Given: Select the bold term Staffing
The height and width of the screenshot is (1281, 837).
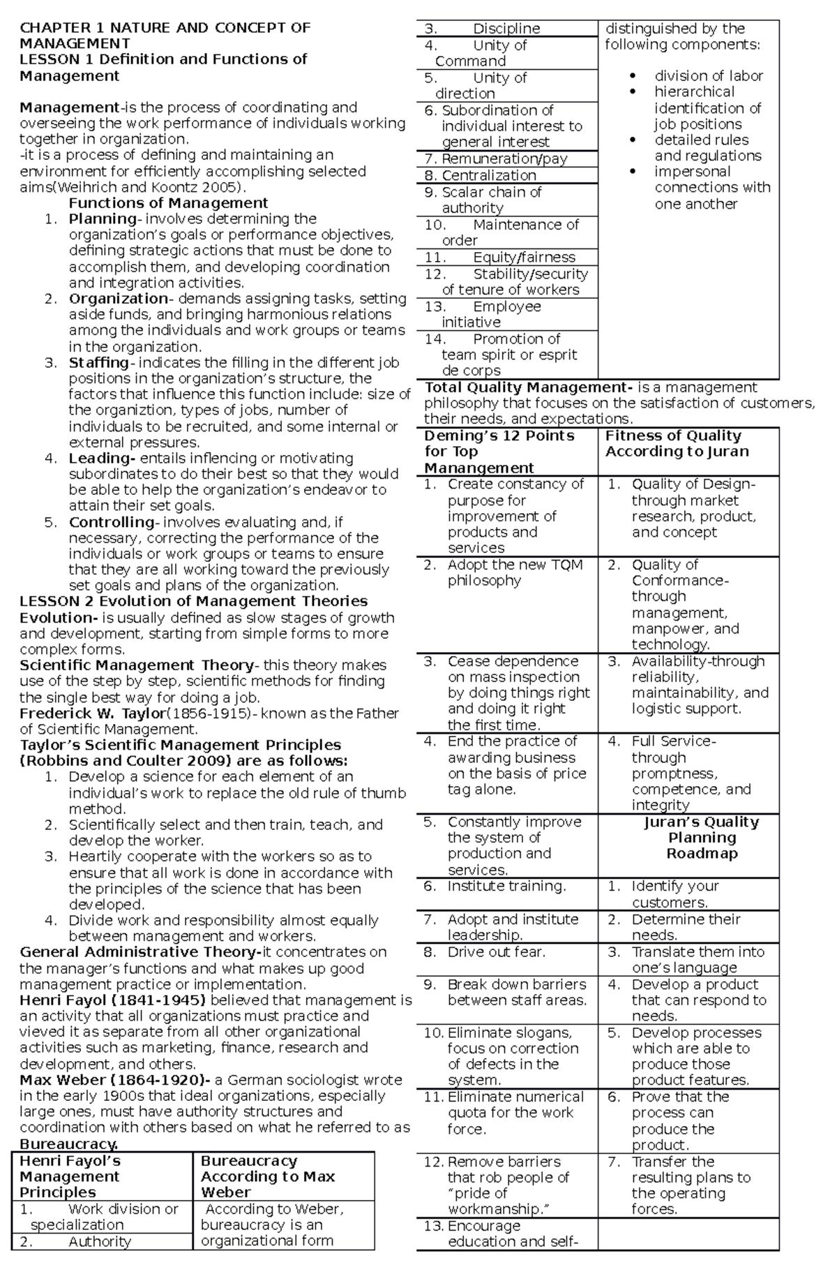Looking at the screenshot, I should [98, 363].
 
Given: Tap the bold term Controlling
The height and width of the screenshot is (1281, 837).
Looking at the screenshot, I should [111, 522].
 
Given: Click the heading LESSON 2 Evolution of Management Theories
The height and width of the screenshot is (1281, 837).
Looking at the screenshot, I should [193, 601].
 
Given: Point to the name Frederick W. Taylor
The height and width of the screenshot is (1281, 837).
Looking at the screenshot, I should [93, 713].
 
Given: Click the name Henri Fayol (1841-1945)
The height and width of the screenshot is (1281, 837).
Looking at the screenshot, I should [112, 1000].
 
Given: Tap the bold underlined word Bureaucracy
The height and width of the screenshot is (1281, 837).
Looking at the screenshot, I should [68, 1144].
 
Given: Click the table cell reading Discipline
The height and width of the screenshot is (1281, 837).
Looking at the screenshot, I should [506, 29].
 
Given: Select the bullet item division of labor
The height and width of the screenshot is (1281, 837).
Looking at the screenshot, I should [708, 75].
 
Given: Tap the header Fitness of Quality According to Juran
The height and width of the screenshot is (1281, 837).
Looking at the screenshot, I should [677, 443].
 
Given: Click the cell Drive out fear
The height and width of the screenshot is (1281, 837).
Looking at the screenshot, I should [496, 952].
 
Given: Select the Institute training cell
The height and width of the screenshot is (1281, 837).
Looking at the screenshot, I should [506, 886].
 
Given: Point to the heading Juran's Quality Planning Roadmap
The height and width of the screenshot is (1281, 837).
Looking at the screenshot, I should [702, 838].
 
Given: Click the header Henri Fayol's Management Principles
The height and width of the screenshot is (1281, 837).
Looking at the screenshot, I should [70, 1176].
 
